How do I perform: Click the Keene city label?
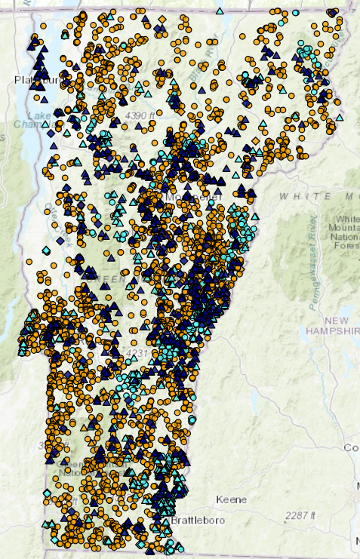pyautogui.click(x=231, y=499)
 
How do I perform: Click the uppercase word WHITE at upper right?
pyautogui.click(x=297, y=196)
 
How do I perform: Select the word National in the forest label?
pyautogui.click(x=343, y=235)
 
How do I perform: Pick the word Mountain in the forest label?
pyautogui.click(x=343, y=227)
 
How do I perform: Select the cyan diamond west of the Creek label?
pyautogui.click(x=47, y=250)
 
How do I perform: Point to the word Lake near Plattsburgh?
pyautogui.click(x=39, y=115)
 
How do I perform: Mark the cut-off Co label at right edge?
pyautogui.click(x=352, y=447)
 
